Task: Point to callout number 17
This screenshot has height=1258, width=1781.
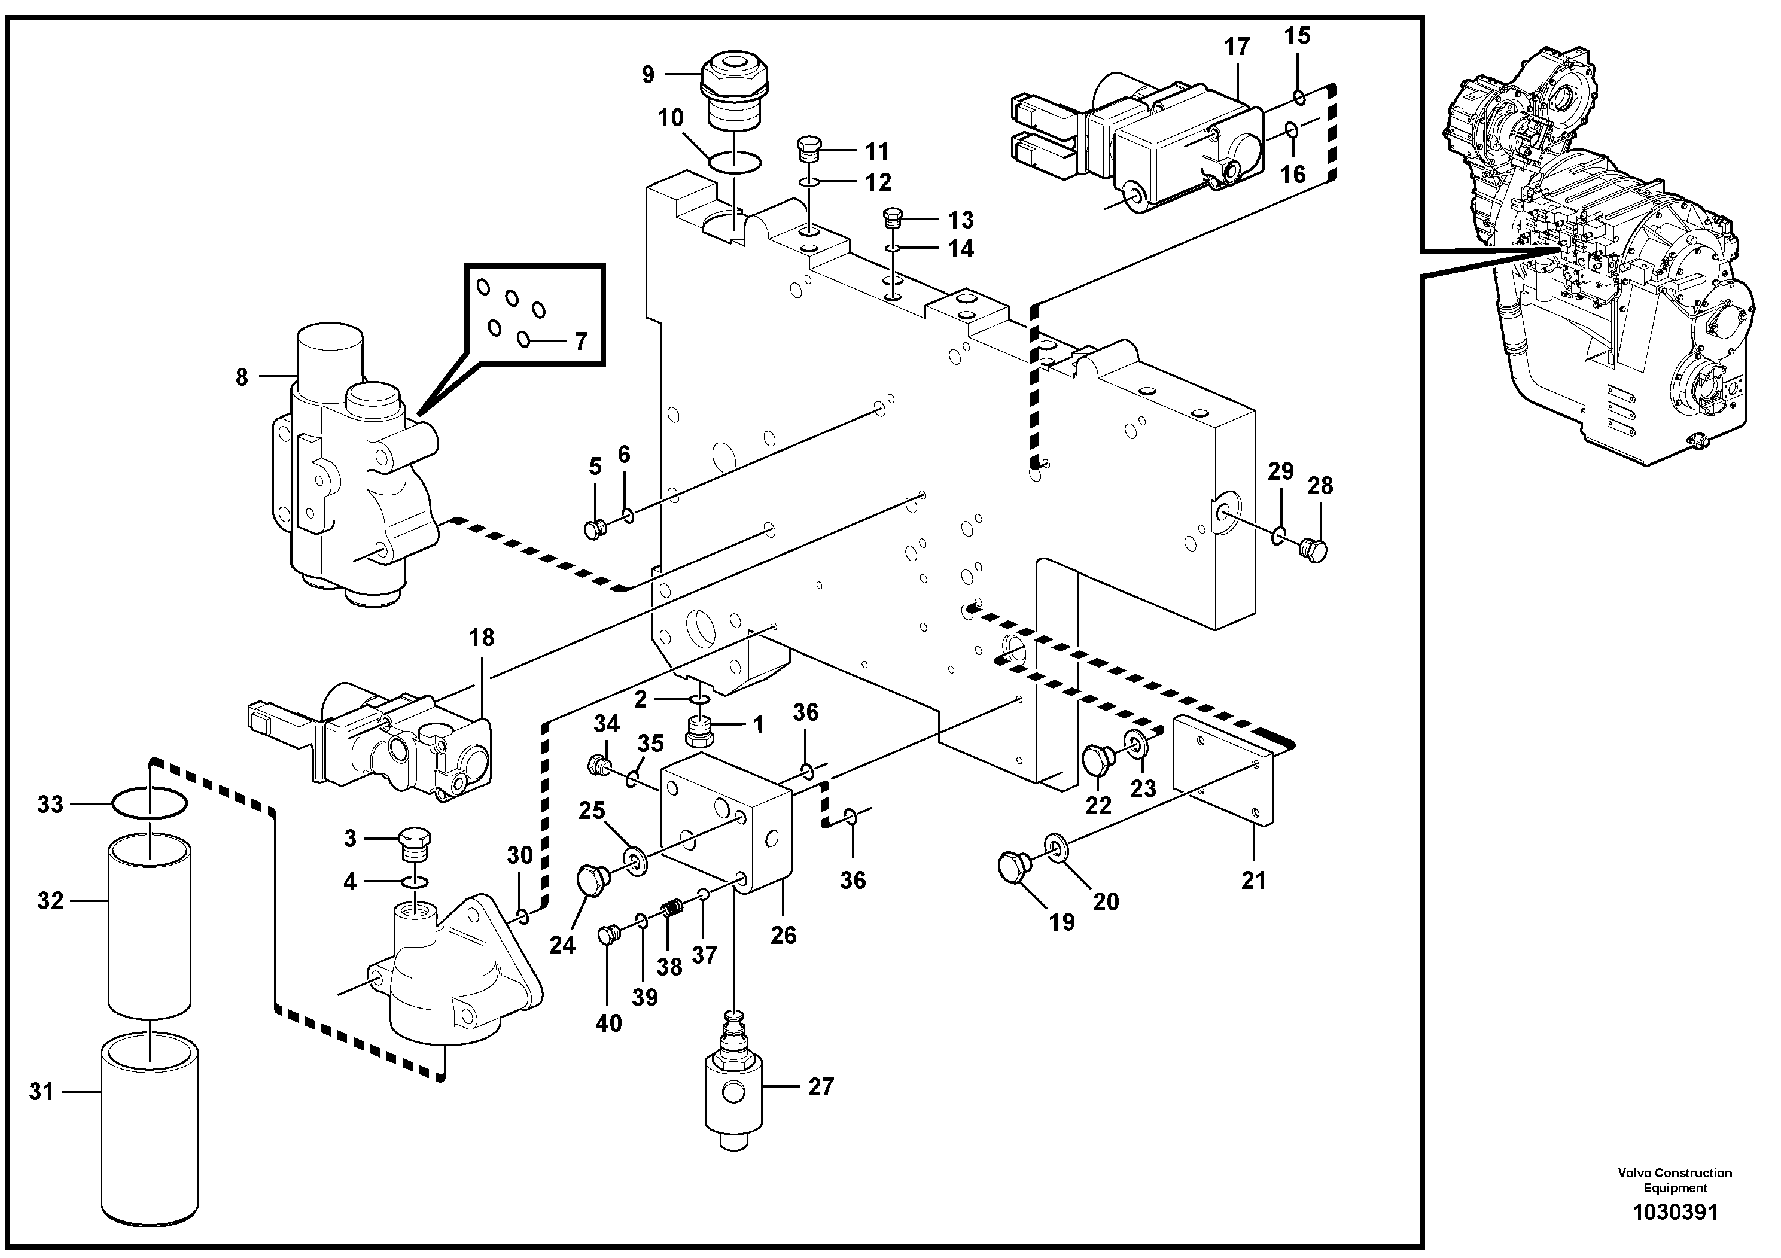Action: (1237, 47)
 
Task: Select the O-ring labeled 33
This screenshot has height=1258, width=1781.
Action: (150, 803)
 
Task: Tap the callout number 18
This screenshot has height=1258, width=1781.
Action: (481, 638)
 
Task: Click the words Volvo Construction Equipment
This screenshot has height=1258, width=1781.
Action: (1675, 1180)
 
